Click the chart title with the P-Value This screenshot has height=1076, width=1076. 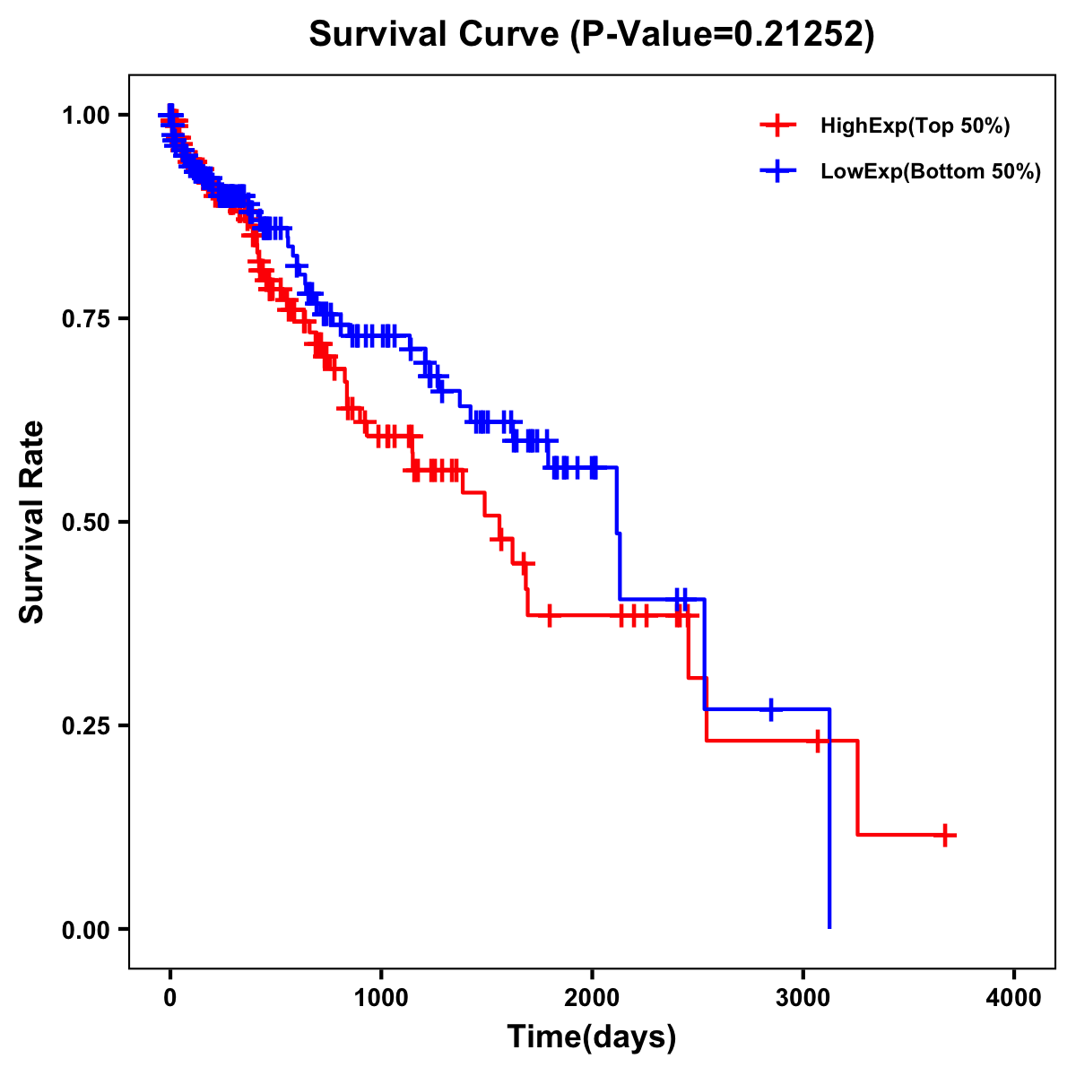click(x=591, y=34)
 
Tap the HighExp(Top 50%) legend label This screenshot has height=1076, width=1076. click(x=915, y=126)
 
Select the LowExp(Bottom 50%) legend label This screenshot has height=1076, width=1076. click(x=931, y=172)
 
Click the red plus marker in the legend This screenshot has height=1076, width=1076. click(x=777, y=126)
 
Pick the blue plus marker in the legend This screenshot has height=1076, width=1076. click(x=777, y=171)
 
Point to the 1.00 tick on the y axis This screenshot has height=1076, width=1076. click(x=85, y=115)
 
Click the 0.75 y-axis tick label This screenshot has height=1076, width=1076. click(x=85, y=318)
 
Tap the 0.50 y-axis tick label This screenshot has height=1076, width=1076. click(x=85, y=522)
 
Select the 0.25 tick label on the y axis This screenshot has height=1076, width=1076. click(x=85, y=725)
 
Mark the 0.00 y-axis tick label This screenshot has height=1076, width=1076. click(x=85, y=930)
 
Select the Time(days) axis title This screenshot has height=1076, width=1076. click(x=592, y=1037)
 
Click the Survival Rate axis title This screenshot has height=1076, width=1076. click(x=32, y=522)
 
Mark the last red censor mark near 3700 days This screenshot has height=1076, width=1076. click(x=944, y=835)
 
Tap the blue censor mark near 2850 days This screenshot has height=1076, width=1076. click(x=770, y=709)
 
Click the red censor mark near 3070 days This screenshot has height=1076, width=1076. click(x=817, y=742)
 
